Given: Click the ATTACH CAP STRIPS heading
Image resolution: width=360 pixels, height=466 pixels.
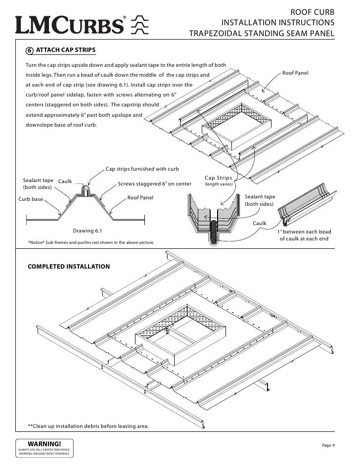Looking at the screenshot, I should (x=66, y=50).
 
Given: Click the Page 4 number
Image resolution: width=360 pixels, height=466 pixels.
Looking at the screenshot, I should (x=328, y=446).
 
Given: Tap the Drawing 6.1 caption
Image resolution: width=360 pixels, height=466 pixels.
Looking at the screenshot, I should (x=88, y=231).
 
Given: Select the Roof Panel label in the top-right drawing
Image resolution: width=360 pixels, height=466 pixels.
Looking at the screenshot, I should (x=295, y=73).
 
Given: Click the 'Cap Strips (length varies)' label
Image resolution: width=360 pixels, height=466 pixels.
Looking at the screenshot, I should (x=218, y=181).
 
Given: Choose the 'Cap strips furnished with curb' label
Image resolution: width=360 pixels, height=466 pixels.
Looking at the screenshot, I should (x=142, y=169).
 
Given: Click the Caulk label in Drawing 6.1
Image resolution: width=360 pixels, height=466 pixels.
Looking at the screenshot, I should (x=65, y=182).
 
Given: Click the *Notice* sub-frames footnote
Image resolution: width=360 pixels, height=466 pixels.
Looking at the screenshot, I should (x=91, y=242).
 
